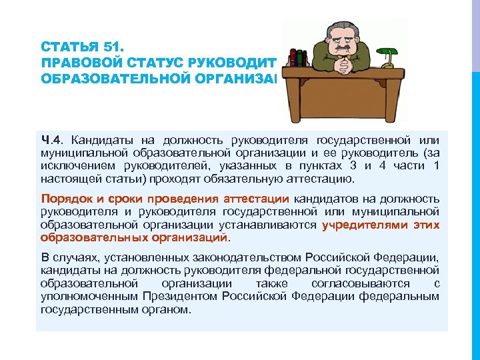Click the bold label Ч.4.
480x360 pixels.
coord(52,139)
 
